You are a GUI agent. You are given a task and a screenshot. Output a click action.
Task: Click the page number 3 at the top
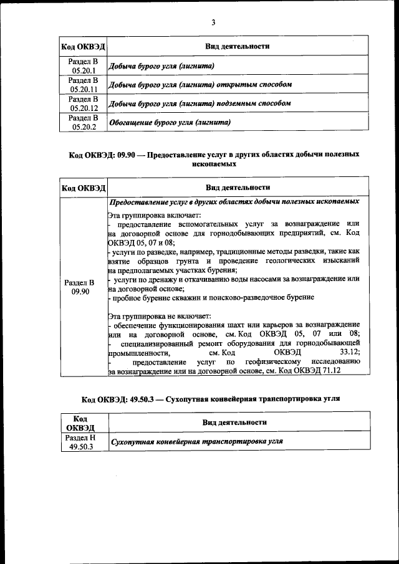(213, 22)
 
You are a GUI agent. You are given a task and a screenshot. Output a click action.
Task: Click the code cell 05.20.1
(83, 65)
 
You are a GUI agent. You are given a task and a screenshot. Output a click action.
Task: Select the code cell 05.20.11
(83, 84)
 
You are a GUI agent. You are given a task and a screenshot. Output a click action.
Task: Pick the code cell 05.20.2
(83, 122)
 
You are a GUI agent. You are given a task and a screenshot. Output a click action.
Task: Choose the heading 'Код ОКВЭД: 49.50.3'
(211, 398)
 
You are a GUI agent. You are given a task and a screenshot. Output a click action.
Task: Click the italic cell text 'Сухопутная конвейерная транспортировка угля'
(196, 442)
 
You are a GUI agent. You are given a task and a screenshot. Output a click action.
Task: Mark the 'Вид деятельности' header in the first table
(238, 47)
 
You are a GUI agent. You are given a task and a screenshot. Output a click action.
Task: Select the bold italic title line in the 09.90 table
(234, 203)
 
